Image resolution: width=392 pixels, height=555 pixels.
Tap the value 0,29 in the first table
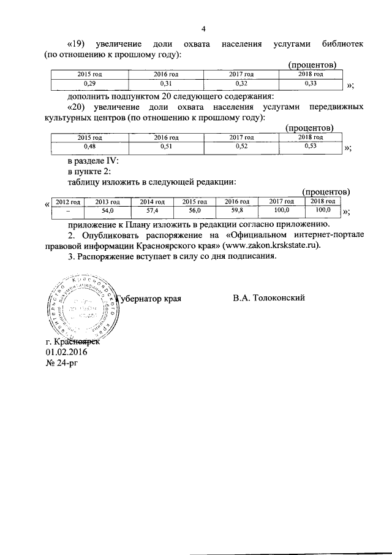coord(89,83)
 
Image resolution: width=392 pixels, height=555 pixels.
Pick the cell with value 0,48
coord(89,147)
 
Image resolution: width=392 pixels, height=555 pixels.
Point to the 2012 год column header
coord(68,202)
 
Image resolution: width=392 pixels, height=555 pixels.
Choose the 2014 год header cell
coord(152,202)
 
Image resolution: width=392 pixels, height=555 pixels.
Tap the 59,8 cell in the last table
coord(237,210)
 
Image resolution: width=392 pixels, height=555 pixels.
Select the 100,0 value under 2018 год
coord(322,210)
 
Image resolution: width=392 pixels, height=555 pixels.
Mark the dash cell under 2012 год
coord(68,210)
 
